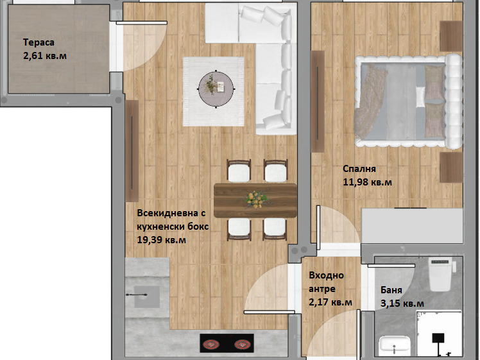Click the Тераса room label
tap(39, 42)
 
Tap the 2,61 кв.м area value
tap(45, 56)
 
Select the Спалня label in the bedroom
tap(359, 169)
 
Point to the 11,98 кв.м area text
tap(367, 182)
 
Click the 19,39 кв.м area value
tap(161, 240)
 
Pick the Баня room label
tap(391, 290)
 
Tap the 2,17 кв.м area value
tap(330, 302)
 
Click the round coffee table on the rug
tap(216, 89)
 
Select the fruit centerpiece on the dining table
tap(257, 200)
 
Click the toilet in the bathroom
tap(440, 274)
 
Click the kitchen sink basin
tap(147, 296)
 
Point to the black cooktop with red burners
tap(227, 343)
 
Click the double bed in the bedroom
tap(408, 102)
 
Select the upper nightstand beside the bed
tap(451, 36)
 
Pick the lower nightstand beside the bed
tap(451, 167)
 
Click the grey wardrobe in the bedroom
tap(412, 226)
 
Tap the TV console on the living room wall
tap(132, 151)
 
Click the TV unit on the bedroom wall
tap(318, 101)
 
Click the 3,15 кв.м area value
tap(402, 304)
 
